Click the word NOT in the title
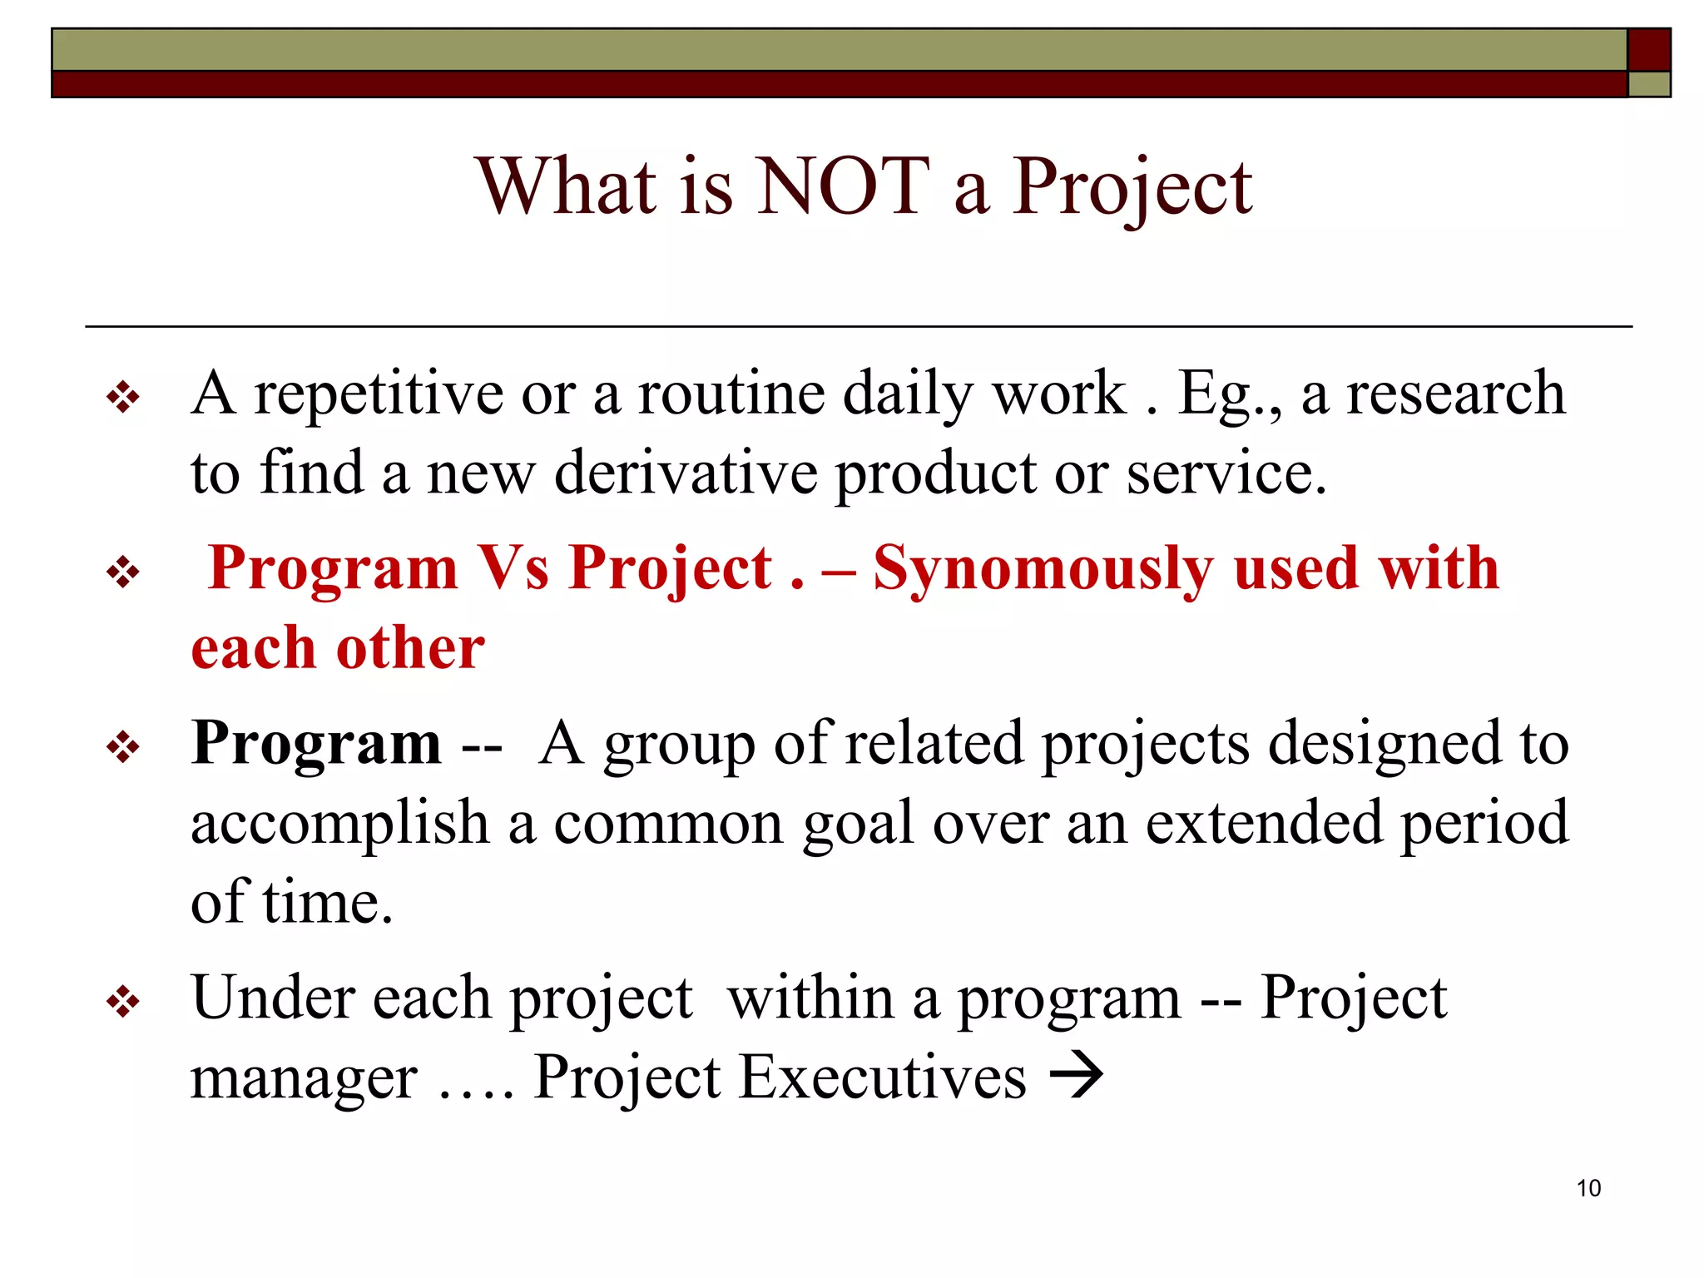coord(844,186)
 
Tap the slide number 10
coord(1588,1188)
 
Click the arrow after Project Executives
coord(1077,1075)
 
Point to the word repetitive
coord(379,393)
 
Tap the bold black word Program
coord(316,742)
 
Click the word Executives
coord(883,1077)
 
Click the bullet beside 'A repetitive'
coord(123,398)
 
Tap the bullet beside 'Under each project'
coord(123,1002)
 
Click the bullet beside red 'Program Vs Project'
coord(123,572)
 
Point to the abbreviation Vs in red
coord(513,567)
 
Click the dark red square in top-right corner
coord(1648,49)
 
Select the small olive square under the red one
coord(1648,85)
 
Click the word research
coord(1456,393)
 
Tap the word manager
coord(304,1078)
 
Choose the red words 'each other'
coord(338,647)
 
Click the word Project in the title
coord(1132,188)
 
